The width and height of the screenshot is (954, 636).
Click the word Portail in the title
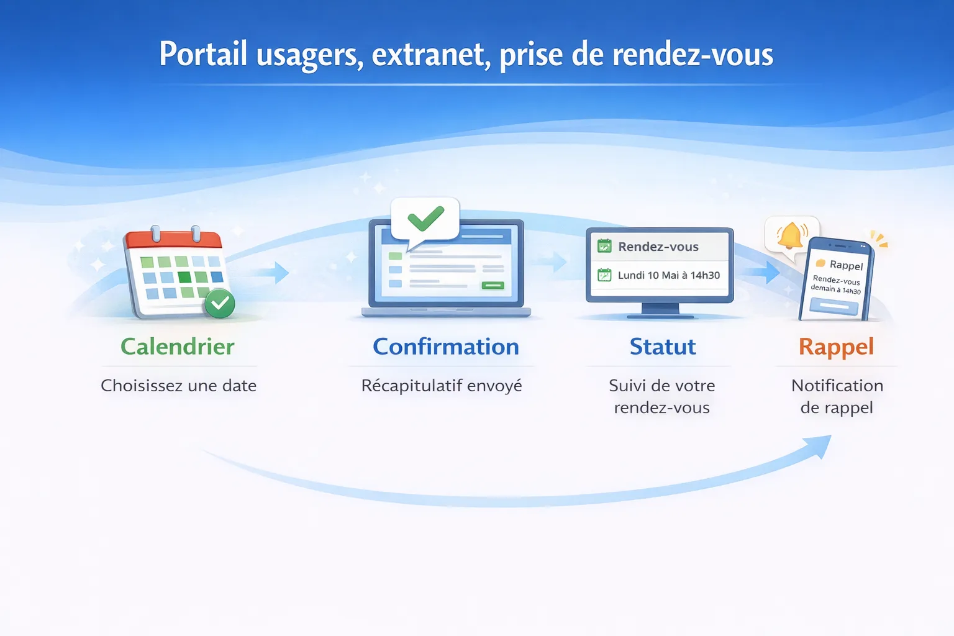(203, 54)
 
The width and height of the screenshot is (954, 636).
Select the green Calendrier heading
(178, 347)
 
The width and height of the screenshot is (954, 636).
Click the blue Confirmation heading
(445, 347)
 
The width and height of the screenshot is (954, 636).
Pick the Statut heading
(662, 347)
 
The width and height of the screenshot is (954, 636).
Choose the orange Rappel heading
(836, 347)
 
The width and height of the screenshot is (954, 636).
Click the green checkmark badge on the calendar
(220, 303)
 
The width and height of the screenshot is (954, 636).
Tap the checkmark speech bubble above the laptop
(425, 219)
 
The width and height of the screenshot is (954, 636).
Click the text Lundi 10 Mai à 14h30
(668, 275)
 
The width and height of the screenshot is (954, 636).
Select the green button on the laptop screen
(493, 285)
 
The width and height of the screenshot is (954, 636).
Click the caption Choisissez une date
(178, 386)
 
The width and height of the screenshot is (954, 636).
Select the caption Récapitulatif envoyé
(442, 386)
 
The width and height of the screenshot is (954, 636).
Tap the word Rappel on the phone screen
(846, 265)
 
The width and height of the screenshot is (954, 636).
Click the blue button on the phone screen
(834, 306)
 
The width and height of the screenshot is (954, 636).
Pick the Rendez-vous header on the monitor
(658, 247)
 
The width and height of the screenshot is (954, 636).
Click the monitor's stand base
(660, 316)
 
